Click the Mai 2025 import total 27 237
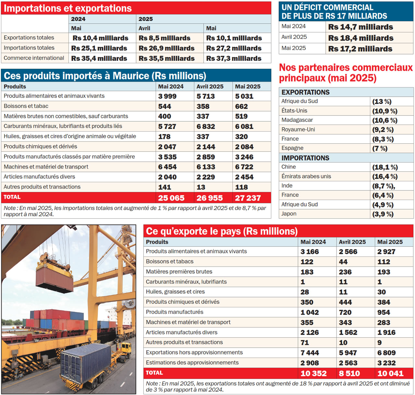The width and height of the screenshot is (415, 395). [248, 198]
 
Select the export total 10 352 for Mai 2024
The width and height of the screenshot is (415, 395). [313, 373]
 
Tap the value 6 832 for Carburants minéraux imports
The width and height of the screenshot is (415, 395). [206, 126]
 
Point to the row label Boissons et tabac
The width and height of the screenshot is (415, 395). [26, 106]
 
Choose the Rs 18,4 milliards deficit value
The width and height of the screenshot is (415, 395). [361, 38]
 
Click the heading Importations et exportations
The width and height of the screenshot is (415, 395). [68, 8]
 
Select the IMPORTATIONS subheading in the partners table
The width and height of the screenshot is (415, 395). [305, 158]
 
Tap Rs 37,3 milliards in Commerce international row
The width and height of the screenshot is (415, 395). [233, 58]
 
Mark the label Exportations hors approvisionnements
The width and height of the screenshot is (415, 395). [194, 353]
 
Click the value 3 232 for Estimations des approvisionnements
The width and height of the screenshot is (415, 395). [386, 363]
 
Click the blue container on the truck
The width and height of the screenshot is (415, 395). [86, 362]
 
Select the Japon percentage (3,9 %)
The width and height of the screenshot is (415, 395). [383, 214]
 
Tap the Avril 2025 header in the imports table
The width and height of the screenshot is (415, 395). [210, 87]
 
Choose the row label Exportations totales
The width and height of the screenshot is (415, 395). [29, 38]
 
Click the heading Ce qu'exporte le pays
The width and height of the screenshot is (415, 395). [221, 231]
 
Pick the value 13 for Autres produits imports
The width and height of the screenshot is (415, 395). [201, 187]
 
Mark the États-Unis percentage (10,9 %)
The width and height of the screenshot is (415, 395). [385, 111]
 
